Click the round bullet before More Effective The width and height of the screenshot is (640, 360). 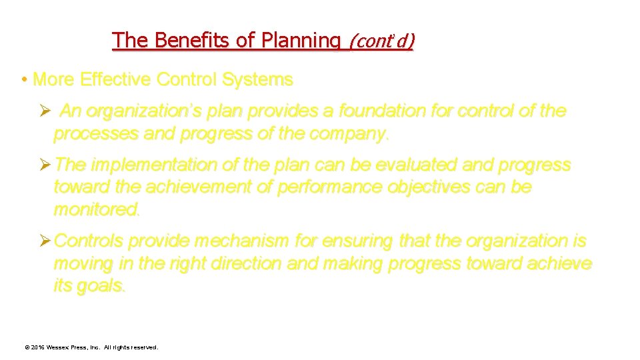point(23,80)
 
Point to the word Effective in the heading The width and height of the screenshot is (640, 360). point(115,80)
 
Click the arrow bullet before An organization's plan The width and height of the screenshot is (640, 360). point(45,111)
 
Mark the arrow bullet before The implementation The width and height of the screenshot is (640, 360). point(45,165)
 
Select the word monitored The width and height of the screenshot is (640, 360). point(97,209)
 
